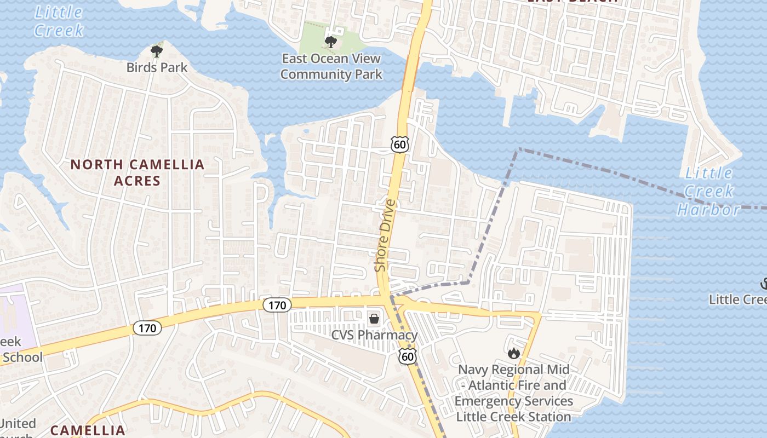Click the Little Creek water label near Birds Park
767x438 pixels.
click(x=59, y=21)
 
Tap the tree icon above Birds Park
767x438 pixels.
click(x=157, y=51)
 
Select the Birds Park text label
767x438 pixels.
click(x=157, y=67)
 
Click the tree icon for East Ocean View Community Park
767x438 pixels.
click(x=330, y=42)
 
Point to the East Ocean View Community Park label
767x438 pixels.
click(x=331, y=66)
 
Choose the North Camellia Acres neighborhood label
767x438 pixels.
click(x=137, y=172)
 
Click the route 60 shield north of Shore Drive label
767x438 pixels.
click(x=399, y=144)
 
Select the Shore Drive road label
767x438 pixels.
click(x=385, y=235)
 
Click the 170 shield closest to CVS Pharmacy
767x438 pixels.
click(x=277, y=305)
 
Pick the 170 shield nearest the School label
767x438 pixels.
click(x=147, y=328)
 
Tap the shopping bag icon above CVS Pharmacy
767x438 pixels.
click(x=374, y=318)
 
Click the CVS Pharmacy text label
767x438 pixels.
click(x=374, y=335)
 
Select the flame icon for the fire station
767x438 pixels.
click(x=513, y=354)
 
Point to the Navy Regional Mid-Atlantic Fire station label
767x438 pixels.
click(x=514, y=393)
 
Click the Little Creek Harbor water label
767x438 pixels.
click(x=709, y=191)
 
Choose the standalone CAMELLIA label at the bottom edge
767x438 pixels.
click(x=88, y=430)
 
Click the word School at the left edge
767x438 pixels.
click(x=22, y=358)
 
